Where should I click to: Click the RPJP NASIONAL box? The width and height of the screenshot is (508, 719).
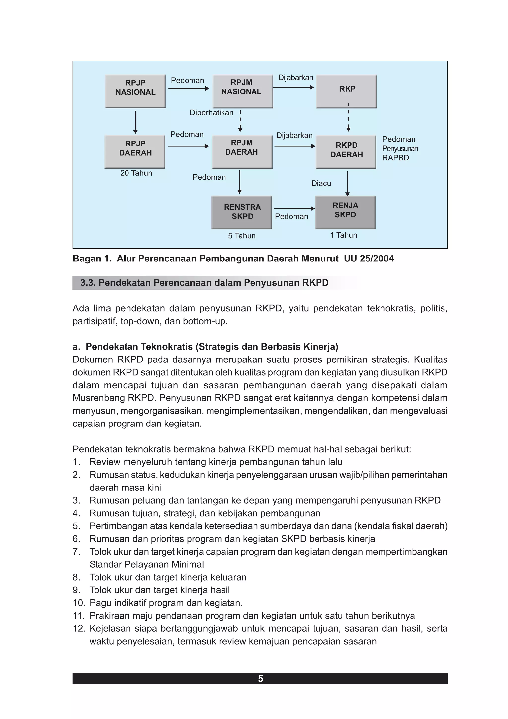pos(135,91)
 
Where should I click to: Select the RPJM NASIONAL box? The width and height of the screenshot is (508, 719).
pos(243,91)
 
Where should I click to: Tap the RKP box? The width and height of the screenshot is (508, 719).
pos(346,91)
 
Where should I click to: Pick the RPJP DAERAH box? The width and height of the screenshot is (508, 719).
pos(135,152)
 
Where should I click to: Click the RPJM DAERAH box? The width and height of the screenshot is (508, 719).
pos(242,152)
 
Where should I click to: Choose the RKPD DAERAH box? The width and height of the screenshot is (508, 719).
pos(346,152)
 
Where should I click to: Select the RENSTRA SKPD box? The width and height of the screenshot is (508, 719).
pos(242,212)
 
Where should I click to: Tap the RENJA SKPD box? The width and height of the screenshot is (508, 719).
pos(345,212)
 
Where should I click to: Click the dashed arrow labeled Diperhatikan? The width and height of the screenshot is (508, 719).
pos(240,121)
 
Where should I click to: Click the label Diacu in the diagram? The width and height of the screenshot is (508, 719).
pos(321,183)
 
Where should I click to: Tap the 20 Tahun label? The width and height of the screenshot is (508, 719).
pos(136,173)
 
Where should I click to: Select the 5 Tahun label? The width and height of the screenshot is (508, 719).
pos(242,236)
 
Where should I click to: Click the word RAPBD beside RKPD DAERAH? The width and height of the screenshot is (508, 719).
pos(395,158)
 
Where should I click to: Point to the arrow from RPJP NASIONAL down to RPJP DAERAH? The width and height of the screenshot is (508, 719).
pos(135,122)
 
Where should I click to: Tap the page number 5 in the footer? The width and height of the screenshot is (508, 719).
pos(260,679)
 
